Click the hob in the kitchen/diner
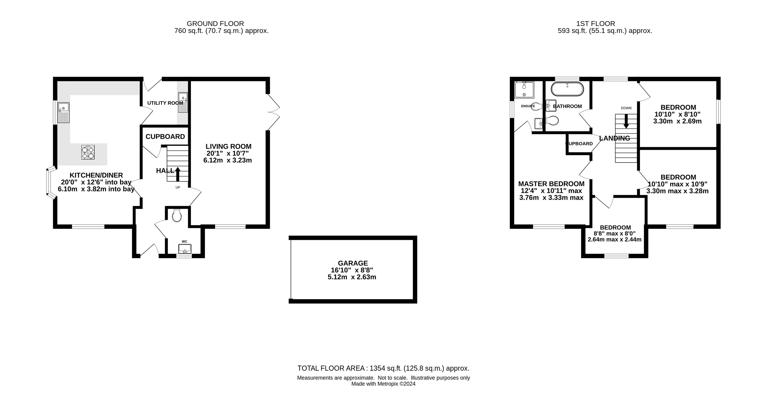tap(88, 152)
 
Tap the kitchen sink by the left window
tap(63, 112)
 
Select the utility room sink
tap(183, 102)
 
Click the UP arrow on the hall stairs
tap(178, 174)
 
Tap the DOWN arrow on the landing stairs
tap(626, 121)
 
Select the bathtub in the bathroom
tap(567, 89)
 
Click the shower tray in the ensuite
tap(524, 90)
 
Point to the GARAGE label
tap(353, 263)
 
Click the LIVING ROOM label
tap(228, 146)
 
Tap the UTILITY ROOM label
tap(165, 103)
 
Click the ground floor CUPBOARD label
tap(165, 136)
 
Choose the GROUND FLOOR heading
tap(215, 23)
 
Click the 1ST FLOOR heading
tap(595, 23)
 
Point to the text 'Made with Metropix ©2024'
tap(383, 384)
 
